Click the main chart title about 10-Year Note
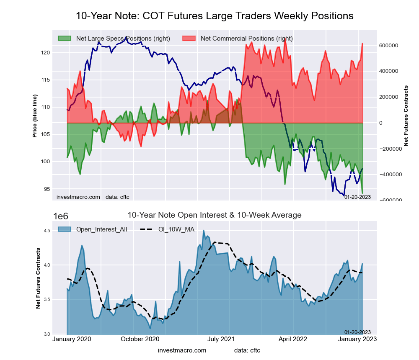tap(215, 16)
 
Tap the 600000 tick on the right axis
tap(388, 45)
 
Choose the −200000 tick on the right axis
tap(390, 149)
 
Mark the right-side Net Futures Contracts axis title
tap(406, 116)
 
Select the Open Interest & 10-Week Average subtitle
tap(214, 215)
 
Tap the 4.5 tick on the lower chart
tap(47, 231)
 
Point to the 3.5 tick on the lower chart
tap(47, 300)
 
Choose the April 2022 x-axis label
tap(294, 339)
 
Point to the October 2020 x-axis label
tap(140, 339)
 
